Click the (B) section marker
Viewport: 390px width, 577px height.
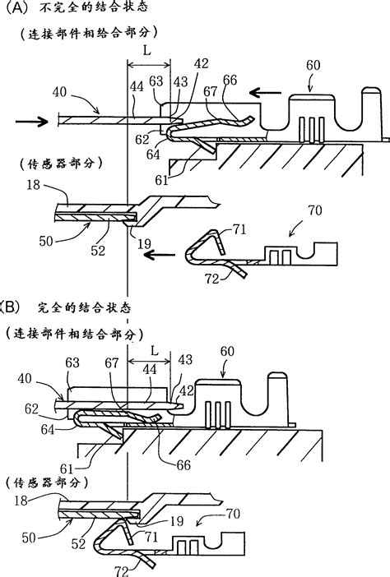(x=9, y=307)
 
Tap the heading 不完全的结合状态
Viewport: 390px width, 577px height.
(x=93, y=7)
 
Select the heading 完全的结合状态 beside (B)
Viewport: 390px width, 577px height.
(x=84, y=307)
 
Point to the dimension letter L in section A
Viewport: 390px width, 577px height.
(x=147, y=50)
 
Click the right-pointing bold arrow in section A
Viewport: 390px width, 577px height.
(x=31, y=121)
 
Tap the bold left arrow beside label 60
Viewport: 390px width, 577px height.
(x=265, y=92)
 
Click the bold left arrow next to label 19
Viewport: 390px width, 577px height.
(x=159, y=254)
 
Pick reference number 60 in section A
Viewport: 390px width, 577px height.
(x=313, y=65)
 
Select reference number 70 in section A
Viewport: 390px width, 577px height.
(x=314, y=210)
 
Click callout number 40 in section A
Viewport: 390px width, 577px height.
(x=60, y=91)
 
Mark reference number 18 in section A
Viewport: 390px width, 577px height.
(x=33, y=184)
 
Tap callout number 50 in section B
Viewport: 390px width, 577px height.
(x=29, y=538)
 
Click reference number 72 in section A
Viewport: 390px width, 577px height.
(x=212, y=279)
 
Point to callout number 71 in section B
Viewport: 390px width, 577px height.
(x=151, y=537)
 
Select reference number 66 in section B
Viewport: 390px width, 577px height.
(x=183, y=465)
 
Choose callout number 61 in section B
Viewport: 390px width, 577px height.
(x=67, y=469)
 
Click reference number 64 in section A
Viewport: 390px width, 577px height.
(x=153, y=155)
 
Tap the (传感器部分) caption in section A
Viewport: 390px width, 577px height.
(x=61, y=164)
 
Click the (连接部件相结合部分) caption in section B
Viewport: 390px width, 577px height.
(x=75, y=334)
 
